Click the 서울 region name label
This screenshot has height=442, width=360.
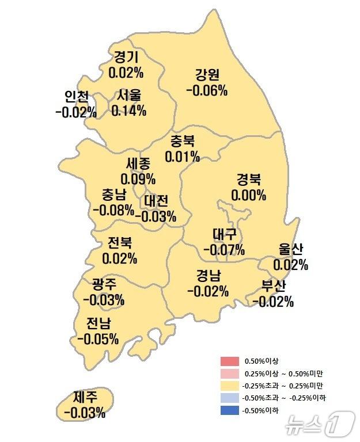coord(129,96)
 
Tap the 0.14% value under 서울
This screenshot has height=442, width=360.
coord(128,110)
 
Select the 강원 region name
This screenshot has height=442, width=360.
coord(207,75)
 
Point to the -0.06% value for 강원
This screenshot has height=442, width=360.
coord(207,90)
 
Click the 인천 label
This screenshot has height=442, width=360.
coord(77,96)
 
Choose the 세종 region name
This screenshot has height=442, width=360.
coord(138,164)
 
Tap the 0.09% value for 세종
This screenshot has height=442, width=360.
coord(138,179)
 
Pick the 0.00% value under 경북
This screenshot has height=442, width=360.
coord(249,195)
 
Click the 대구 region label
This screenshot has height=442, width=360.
coord(224,235)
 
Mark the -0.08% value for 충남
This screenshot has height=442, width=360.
coord(113,209)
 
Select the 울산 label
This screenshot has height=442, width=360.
coord(290,250)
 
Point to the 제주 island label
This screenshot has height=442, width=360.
coord(85,397)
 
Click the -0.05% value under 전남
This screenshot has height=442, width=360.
coord(97,338)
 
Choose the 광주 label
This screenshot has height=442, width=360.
coord(104,284)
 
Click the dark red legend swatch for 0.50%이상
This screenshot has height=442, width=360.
coord(229,361)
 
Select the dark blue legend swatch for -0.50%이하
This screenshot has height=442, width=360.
coord(229,410)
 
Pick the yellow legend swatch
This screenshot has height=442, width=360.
coord(229,386)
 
